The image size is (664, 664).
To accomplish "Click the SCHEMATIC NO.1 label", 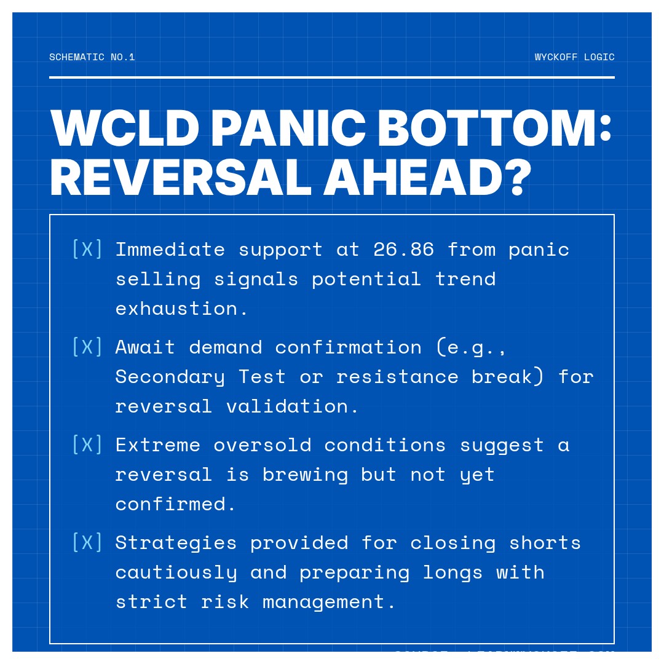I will [92, 57].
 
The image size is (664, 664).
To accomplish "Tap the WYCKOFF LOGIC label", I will [574, 57].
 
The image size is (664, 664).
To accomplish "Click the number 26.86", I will [403, 250].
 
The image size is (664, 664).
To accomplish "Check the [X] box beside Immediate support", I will [87, 250].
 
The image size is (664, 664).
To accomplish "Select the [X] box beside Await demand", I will [87, 347].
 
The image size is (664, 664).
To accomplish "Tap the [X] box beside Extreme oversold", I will [87, 445].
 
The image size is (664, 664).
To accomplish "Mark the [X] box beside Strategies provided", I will [87, 543].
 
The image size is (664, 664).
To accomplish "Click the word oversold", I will [263, 445].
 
